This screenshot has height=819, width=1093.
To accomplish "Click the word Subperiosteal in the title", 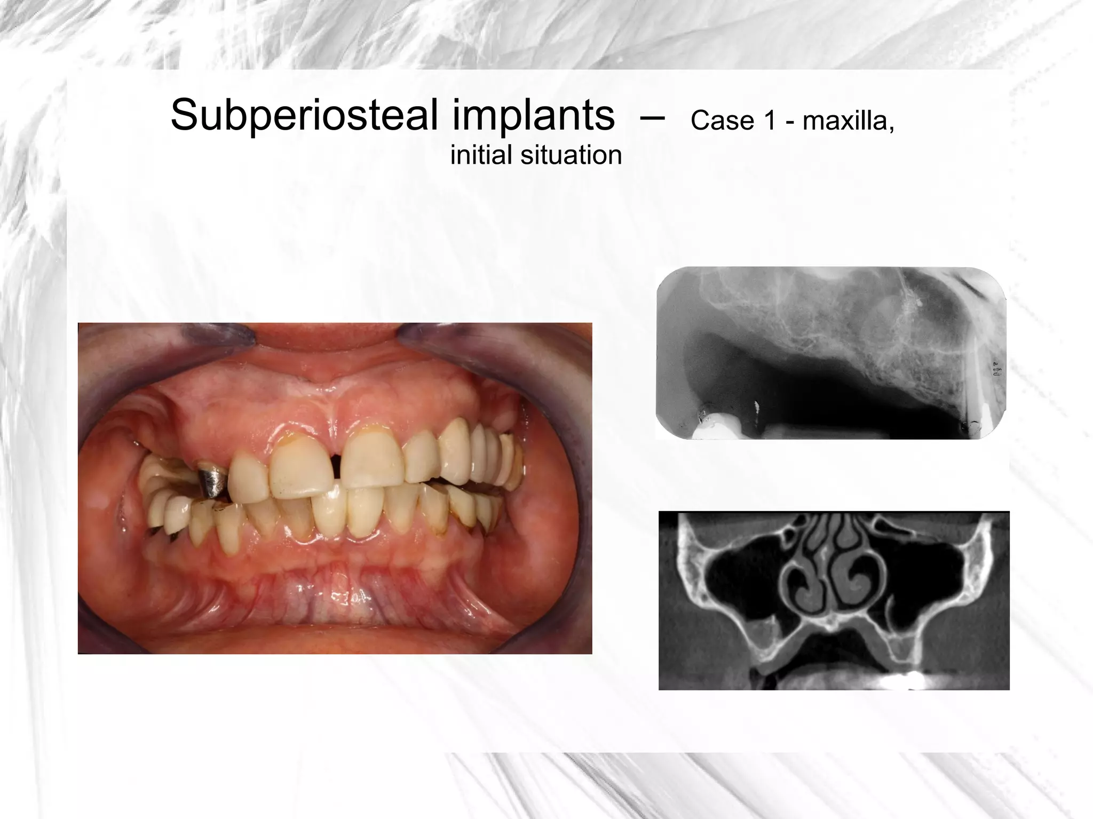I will point(304,116).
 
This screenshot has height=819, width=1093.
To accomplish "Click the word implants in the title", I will point(533,116).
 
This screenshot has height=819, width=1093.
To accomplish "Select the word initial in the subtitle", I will point(481,155).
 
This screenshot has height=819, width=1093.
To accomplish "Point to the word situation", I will point(571,155).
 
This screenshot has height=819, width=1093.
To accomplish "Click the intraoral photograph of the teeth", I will point(335,534).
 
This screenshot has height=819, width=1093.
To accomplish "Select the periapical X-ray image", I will point(830,353).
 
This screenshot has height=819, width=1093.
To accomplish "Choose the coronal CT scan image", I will point(834,600).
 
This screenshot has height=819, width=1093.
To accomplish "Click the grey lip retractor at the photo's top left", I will point(160,341).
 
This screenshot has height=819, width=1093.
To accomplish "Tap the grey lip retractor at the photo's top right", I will point(496,341).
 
